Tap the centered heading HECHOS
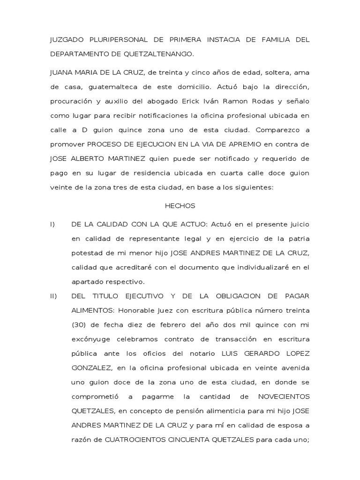click(180, 206)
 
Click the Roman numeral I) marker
click(52, 225)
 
